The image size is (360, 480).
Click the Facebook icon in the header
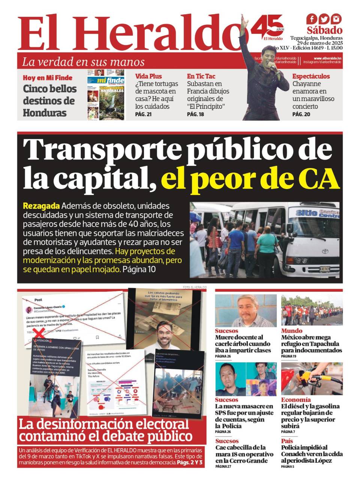click(311, 19)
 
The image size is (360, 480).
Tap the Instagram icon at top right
click(336, 19)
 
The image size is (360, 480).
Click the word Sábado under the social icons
click(324, 30)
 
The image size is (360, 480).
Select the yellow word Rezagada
click(41, 206)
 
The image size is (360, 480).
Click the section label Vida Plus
click(148, 76)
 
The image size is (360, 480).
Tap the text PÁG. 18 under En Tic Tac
click(195, 114)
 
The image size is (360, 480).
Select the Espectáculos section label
click(311, 76)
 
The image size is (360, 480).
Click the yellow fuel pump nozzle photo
click(312, 379)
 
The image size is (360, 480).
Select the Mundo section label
click(291, 331)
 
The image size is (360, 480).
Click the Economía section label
click(296, 400)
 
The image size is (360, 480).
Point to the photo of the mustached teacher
click(246, 310)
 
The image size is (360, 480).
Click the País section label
click(287, 441)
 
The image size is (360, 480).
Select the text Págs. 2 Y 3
click(190, 463)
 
